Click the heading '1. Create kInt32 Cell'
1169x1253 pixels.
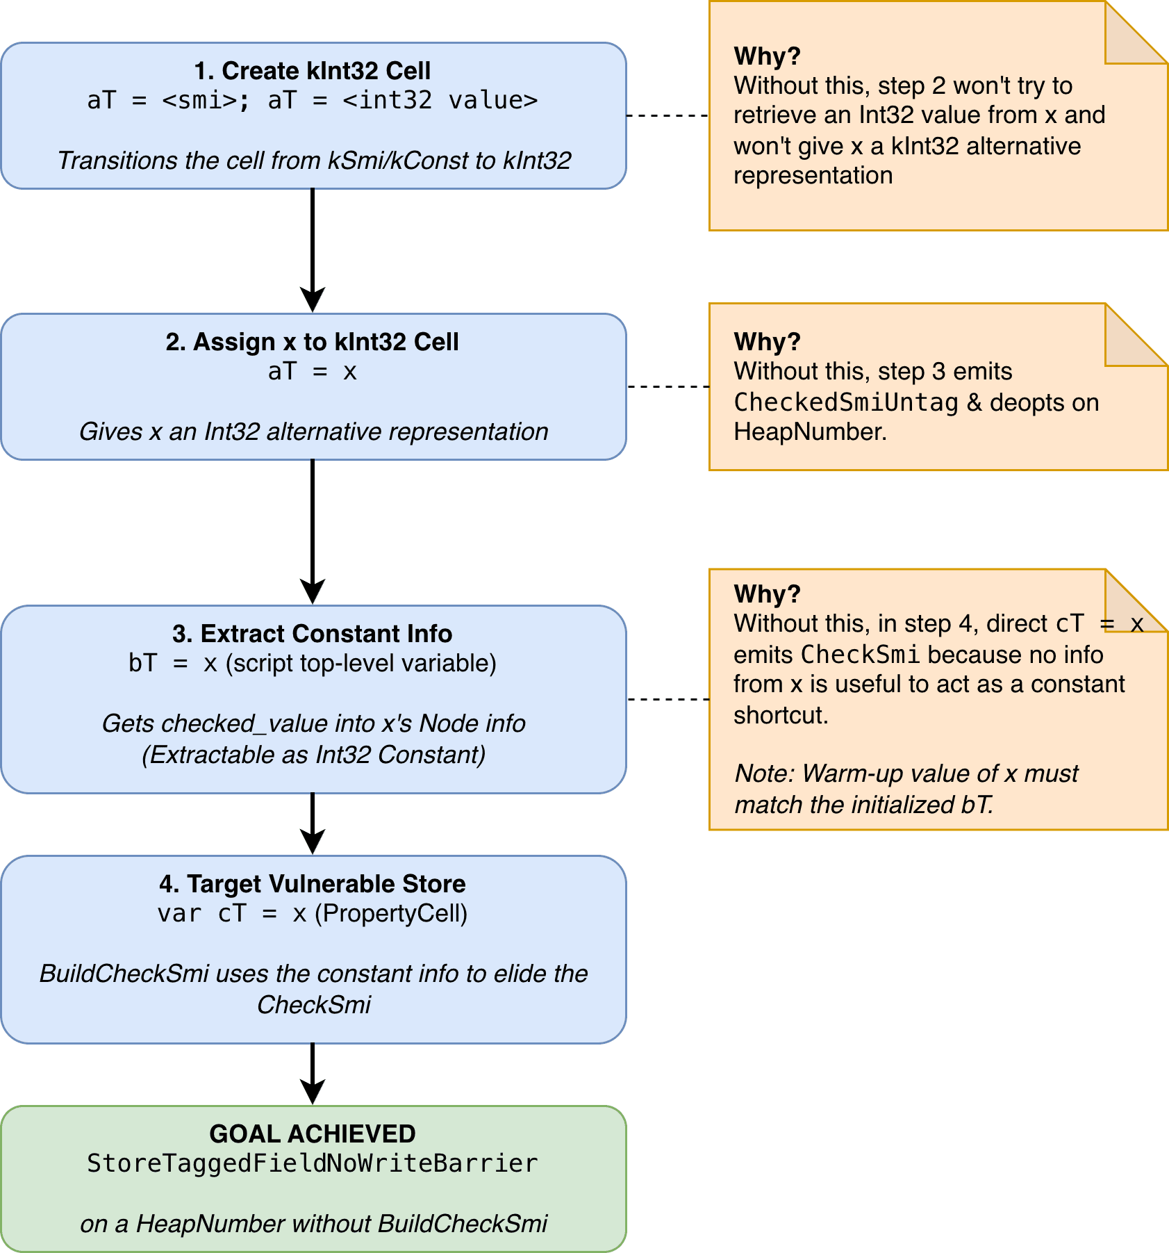[x=313, y=71]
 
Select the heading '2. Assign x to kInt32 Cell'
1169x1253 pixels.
[x=313, y=342]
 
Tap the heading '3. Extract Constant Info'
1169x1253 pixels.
[x=313, y=634]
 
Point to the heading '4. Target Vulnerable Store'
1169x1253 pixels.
[x=313, y=884]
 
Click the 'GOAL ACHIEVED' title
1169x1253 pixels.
[x=313, y=1134]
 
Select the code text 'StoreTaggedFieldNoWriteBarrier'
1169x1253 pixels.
[x=313, y=1163]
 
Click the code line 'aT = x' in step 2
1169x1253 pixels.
[x=313, y=372]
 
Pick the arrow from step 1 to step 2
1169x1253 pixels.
[x=313, y=251]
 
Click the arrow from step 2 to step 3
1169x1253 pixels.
[x=313, y=532]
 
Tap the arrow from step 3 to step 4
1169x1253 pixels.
[x=313, y=824]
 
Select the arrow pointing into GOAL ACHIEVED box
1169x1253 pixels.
[x=313, y=1074]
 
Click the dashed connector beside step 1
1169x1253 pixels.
[x=668, y=115]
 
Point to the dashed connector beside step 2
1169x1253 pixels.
[x=668, y=386]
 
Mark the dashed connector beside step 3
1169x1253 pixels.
[x=668, y=699]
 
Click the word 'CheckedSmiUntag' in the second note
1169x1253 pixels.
[x=846, y=402]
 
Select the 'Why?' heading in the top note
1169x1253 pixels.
[x=768, y=56]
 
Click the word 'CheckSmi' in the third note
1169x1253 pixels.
[x=861, y=655]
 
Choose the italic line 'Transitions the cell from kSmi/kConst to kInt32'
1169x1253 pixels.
[x=314, y=161]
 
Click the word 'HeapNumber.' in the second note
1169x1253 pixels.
[x=811, y=432]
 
